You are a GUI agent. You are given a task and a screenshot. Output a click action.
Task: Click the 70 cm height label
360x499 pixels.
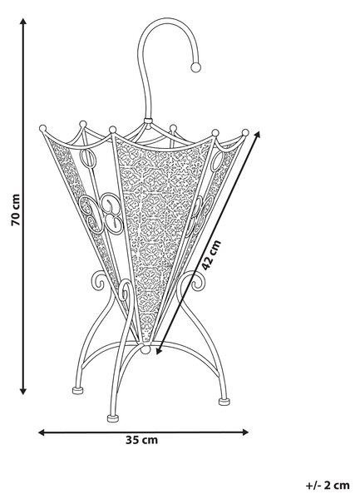point(16,210)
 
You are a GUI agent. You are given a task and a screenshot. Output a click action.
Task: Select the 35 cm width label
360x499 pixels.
point(141,440)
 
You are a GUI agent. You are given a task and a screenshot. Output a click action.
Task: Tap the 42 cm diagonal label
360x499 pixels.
point(211,255)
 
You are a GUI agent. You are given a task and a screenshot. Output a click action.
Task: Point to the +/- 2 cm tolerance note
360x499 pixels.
point(328,486)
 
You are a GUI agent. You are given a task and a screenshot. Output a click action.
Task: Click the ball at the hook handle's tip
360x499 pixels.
point(195,67)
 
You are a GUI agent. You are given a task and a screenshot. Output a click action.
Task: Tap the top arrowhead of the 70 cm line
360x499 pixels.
point(23,22)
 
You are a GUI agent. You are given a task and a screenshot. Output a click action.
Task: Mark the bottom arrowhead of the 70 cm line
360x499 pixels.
point(23,391)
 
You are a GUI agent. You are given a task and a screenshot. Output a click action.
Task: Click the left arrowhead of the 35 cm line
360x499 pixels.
point(42,432)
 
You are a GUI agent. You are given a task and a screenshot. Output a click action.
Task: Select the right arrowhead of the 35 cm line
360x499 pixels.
point(245,432)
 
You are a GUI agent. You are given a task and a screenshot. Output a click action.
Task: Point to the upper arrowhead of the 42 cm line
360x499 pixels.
point(257,134)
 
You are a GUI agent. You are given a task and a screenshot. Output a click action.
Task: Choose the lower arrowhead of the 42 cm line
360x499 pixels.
point(159,350)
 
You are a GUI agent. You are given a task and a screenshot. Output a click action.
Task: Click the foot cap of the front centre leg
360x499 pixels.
point(113,418)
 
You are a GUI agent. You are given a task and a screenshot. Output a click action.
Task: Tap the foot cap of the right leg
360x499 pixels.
point(224,402)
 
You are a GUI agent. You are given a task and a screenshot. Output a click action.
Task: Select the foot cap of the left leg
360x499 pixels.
point(77,390)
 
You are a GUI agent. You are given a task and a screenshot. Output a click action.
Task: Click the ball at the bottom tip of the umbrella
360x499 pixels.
point(145,349)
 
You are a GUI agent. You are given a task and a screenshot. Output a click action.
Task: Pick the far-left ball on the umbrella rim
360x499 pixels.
point(42,128)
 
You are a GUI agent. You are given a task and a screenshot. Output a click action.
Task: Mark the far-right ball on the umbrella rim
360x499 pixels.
point(245,132)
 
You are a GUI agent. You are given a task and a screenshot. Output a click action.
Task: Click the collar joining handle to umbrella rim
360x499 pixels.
point(147,121)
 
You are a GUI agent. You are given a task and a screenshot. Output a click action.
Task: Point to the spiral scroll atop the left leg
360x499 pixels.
point(99,280)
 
